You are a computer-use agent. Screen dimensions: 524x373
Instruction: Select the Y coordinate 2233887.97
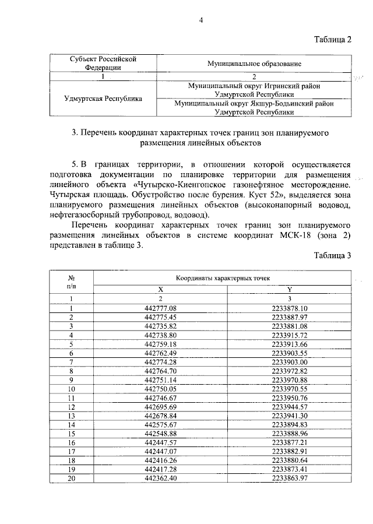[290, 317]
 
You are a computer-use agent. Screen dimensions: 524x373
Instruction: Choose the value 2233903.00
[290, 362]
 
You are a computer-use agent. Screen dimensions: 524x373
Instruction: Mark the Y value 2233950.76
[290, 398]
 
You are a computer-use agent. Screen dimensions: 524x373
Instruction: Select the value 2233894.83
[290, 424]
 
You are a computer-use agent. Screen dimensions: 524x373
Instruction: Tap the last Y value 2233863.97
[290, 478]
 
